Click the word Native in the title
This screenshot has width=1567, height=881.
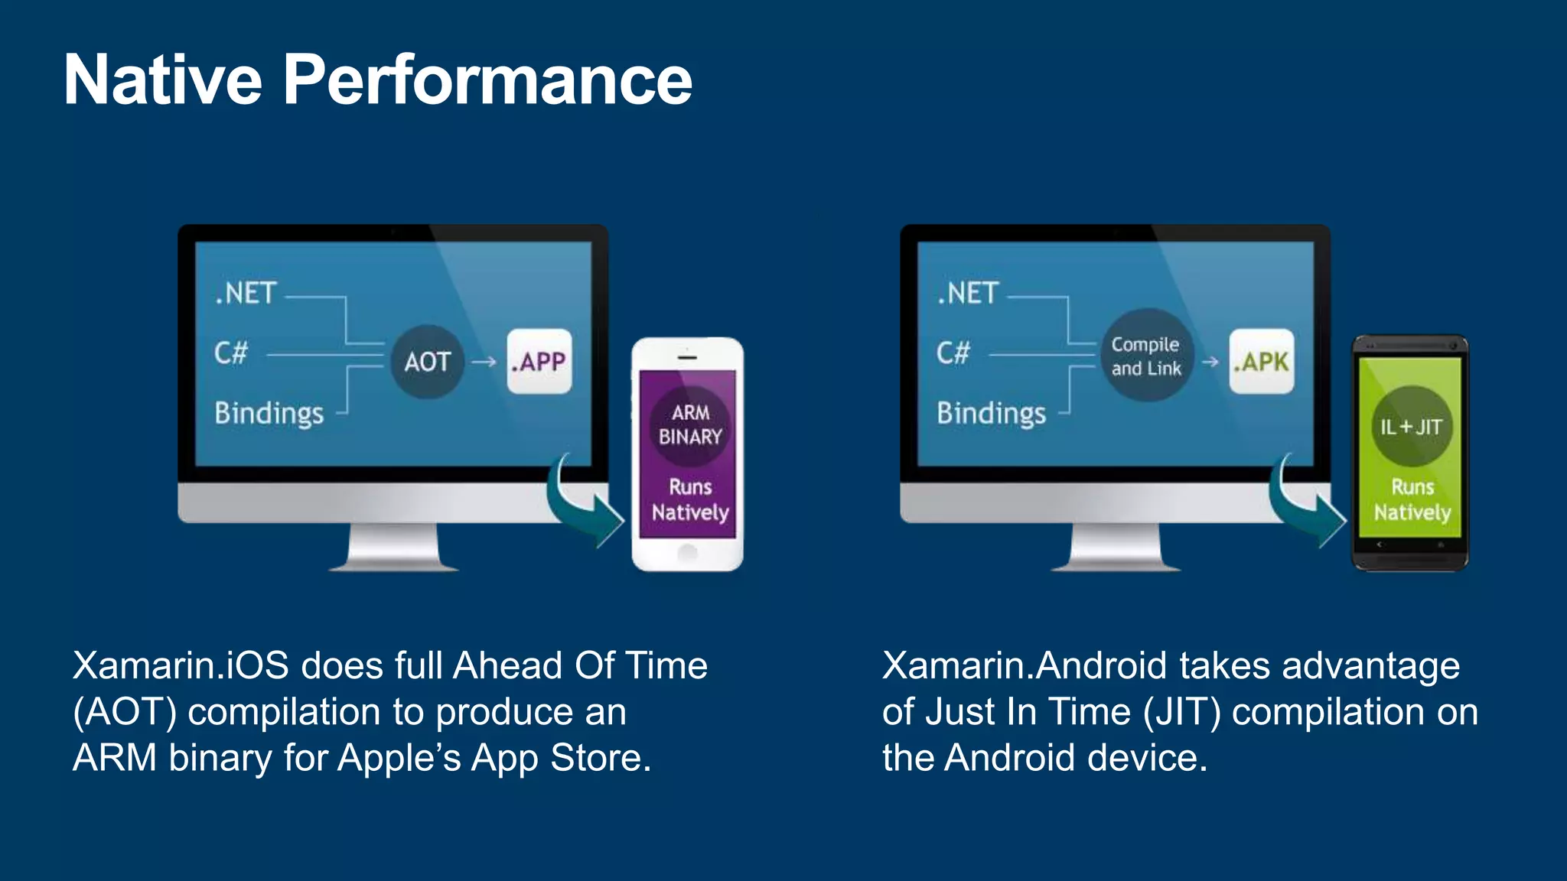click(x=163, y=80)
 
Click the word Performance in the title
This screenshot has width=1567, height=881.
click(x=487, y=80)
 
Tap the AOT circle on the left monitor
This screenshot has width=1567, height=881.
click(x=427, y=362)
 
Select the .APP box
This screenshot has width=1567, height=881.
click(x=539, y=361)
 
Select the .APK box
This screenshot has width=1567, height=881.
click(x=1261, y=361)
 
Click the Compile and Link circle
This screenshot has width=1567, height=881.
click(x=1145, y=356)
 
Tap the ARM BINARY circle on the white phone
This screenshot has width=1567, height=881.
click(x=690, y=424)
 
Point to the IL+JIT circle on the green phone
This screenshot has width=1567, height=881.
click(x=1411, y=427)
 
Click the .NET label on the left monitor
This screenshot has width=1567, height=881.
click(x=246, y=293)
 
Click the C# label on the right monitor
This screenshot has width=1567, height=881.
click(x=953, y=353)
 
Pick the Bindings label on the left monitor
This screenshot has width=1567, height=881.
click(x=269, y=414)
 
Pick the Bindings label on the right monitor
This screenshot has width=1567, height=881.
click(x=991, y=414)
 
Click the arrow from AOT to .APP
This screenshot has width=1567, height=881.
click(x=484, y=362)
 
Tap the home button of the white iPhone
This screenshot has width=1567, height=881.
click(x=687, y=553)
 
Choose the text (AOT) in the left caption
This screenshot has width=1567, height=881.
click(x=125, y=712)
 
